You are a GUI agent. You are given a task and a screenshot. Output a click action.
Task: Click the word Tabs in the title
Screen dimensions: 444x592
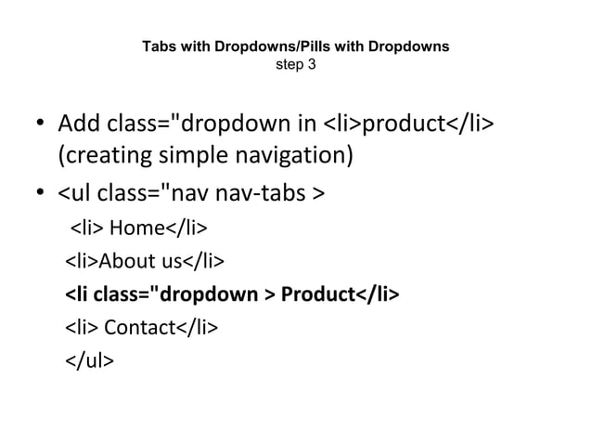(156, 46)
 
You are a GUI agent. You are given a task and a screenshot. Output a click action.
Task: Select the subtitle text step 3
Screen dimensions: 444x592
(296, 64)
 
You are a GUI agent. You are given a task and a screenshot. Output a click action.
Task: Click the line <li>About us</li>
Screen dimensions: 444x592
(143, 262)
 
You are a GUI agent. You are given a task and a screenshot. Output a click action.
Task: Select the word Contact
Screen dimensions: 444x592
(138, 329)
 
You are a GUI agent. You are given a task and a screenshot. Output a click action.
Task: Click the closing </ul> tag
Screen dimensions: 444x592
(90, 362)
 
